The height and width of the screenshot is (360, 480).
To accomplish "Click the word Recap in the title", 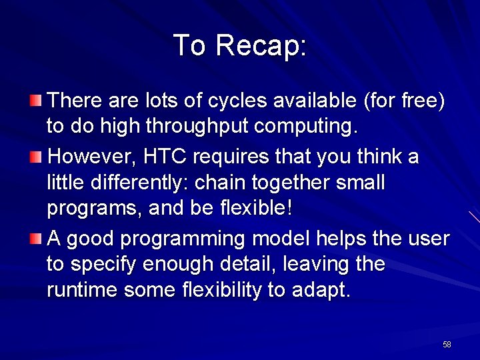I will [261, 46].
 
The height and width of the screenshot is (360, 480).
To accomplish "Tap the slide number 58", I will [447, 345].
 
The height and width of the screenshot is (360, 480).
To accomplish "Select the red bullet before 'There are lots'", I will [36, 101].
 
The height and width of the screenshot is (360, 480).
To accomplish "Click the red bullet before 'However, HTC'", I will [36, 157].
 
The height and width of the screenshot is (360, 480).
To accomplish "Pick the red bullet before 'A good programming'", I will [36, 239].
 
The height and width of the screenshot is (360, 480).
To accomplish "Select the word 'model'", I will [280, 239].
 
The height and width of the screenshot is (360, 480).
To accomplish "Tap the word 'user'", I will [429, 239].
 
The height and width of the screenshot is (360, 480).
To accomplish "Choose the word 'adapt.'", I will [321, 291].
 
